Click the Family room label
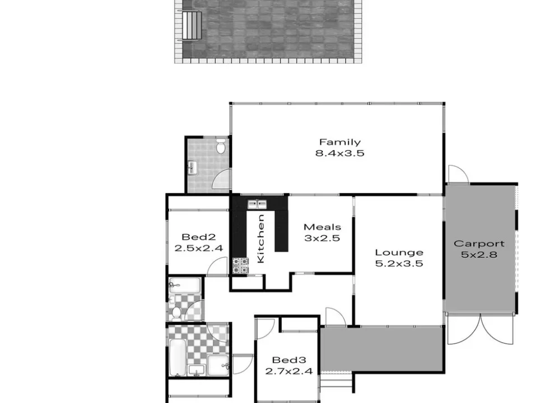coord(340,142)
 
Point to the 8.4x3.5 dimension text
coord(339,153)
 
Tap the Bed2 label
coord(198,237)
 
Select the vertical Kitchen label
coord(260,238)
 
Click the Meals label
coord(322,227)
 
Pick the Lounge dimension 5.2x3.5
coord(399,264)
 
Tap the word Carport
coord(479,243)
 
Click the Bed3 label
coord(289,360)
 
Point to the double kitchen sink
coord(257,204)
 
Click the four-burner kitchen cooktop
coord(240,266)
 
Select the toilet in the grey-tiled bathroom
coord(221,146)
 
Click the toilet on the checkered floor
coord(176,313)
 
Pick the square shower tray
coord(218,365)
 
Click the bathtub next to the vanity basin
coord(178,358)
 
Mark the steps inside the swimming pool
coord(192,25)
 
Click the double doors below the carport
coord(480,329)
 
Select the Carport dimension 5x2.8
coord(479,255)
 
